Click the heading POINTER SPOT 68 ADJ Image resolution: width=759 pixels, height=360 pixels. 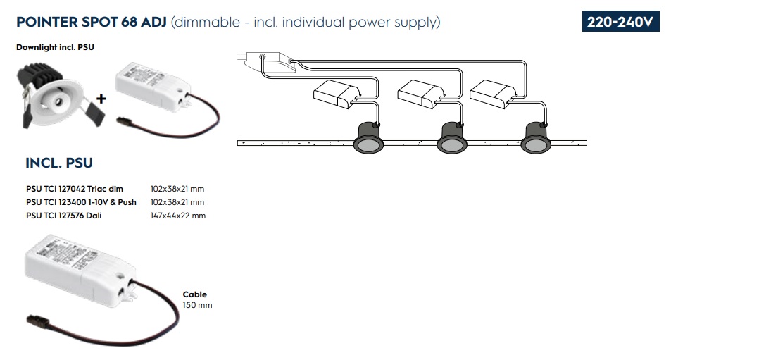pos(91,22)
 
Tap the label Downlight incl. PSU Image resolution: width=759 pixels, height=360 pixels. pos(55,47)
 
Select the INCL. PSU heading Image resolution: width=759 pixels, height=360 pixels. pos(59,163)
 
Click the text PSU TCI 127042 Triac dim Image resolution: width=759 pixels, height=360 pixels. pos(75,189)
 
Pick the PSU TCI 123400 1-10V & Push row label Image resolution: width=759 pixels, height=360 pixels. pos(81,202)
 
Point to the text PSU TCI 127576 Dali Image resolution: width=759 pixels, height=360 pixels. pos(63,216)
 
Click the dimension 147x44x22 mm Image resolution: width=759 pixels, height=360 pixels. pos(178,216)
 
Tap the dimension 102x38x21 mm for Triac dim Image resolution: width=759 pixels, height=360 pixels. pos(177,189)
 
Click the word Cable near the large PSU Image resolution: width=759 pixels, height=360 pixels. pos(195,294)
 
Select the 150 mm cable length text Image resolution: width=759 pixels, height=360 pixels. pos(197,305)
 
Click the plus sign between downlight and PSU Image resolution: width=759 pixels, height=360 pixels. pos(101,99)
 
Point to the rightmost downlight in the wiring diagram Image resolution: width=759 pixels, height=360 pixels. pos(537,137)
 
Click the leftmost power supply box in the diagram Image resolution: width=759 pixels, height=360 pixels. pos(337,94)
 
